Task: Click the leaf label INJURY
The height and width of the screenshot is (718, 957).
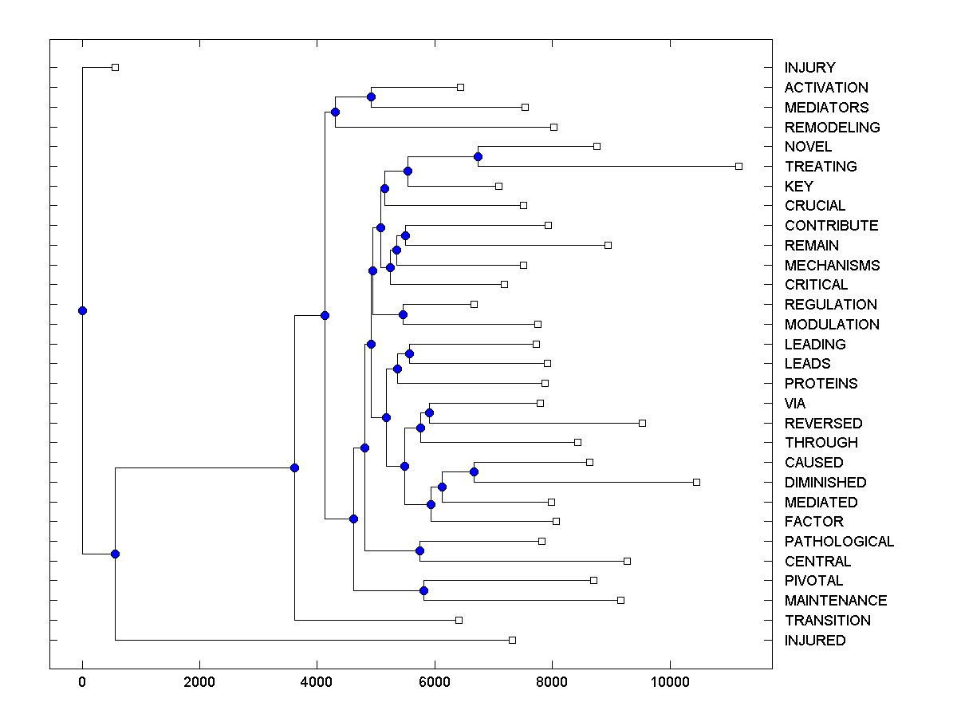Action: click(x=809, y=68)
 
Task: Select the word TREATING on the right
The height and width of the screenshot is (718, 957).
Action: click(x=821, y=166)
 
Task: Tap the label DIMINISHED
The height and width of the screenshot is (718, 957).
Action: click(x=825, y=482)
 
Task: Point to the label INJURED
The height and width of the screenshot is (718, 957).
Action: click(x=814, y=640)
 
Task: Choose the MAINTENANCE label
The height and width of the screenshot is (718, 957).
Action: click(x=835, y=600)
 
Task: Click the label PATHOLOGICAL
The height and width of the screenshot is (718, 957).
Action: click(x=839, y=541)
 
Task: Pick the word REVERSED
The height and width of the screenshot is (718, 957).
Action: click(x=823, y=423)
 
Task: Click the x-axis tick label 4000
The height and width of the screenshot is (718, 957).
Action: click(x=317, y=682)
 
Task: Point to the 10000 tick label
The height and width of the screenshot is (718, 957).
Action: click(x=669, y=682)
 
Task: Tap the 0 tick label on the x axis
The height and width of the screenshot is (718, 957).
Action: click(x=82, y=682)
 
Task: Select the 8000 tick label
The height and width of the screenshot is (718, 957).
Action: click(x=552, y=682)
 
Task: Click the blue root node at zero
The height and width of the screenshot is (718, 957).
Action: click(x=82, y=310)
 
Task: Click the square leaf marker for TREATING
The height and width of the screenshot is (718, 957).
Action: click(x=738, y=166)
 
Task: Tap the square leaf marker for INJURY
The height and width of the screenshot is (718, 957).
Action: click(x=115, y=67)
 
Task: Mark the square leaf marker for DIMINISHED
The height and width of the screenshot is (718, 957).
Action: click(x=696, y=482)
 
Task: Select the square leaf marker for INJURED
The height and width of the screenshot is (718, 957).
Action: click(x=512, y=640)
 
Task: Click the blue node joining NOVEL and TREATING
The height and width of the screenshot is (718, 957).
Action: click(x=478, y=156)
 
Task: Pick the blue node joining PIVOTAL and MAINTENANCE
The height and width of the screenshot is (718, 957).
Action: click(x=423, y=590)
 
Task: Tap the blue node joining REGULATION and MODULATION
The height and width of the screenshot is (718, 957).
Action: click(x=403, y=314)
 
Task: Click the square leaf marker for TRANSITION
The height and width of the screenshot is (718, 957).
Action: click(x=459, y=620)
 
